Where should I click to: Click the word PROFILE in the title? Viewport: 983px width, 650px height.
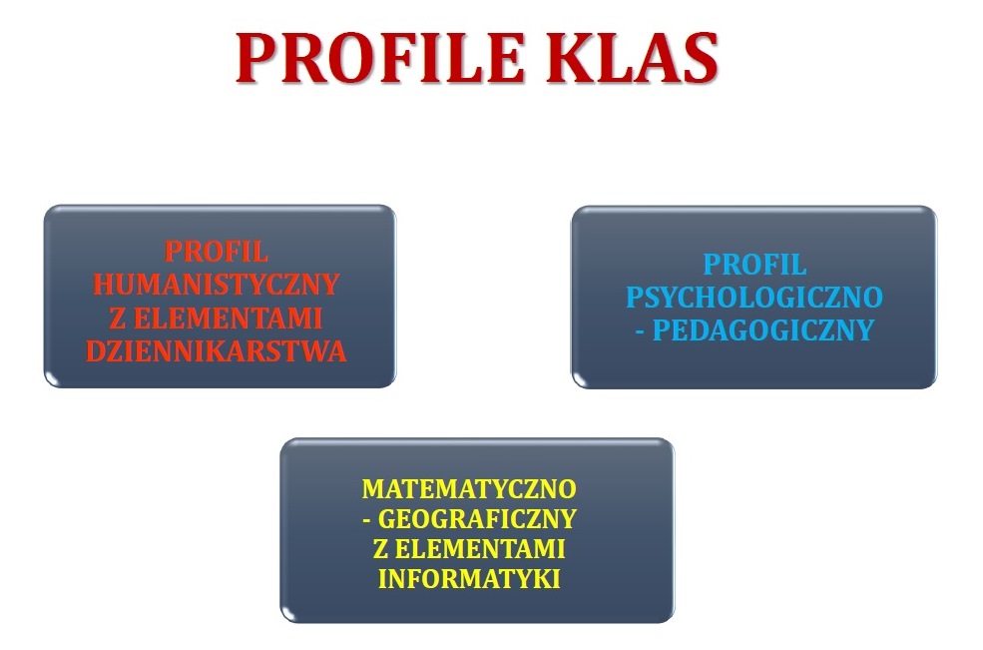(380, 58)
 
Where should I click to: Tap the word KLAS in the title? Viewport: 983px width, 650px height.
(632, 58)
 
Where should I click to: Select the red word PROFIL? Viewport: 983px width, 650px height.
(217, 253)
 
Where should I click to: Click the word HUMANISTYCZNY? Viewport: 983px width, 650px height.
(217, 285)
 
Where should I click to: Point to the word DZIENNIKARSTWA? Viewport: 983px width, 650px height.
(217, 351)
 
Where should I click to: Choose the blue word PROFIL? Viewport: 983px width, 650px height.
(754, 265)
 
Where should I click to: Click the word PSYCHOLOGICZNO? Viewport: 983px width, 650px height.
(754, 298)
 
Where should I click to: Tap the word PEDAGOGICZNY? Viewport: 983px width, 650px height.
(763, 330)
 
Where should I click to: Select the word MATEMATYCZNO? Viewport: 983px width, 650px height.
(469, 489)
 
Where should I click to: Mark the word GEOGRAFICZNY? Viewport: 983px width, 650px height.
(477, 519)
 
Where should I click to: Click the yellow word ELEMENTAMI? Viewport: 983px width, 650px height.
(480, 549)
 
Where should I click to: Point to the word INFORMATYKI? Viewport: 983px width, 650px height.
(469, 578)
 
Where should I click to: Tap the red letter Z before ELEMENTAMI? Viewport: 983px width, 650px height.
(117, 319)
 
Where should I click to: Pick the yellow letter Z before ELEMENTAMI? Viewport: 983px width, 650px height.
(380, 549)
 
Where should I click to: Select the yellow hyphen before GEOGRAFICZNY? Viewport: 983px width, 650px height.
(366, 520)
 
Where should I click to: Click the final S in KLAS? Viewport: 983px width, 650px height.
(701, 58)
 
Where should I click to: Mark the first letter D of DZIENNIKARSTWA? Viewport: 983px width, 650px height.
(95, 351)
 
